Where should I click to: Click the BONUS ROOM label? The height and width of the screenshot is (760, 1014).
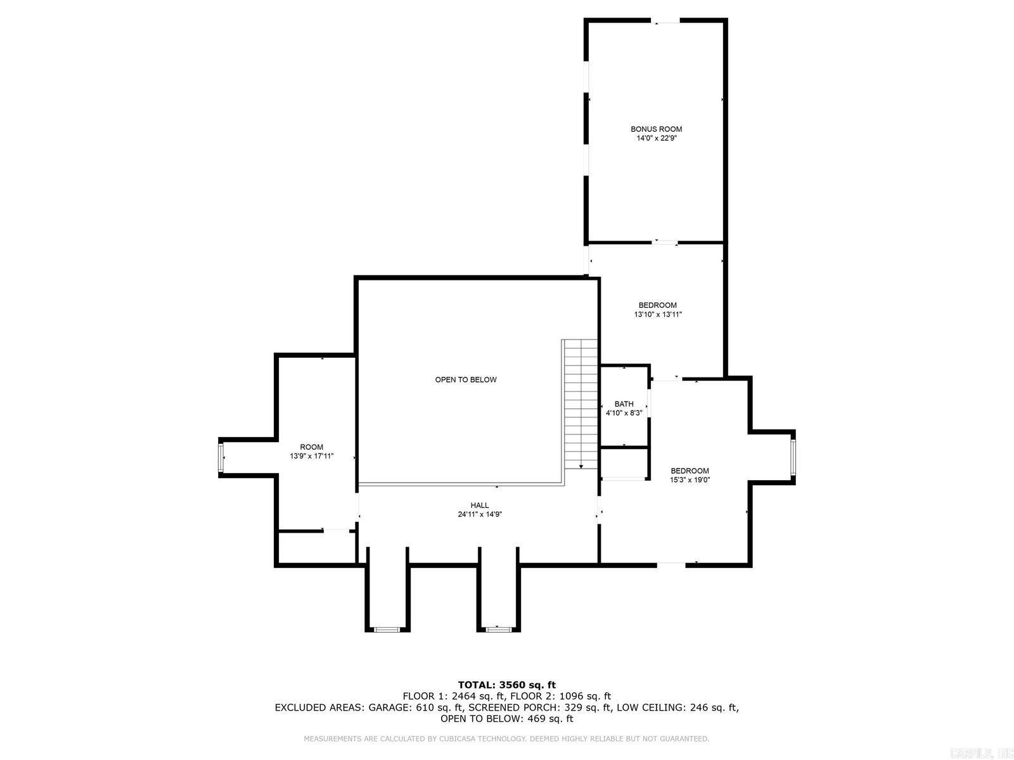pos(656,129)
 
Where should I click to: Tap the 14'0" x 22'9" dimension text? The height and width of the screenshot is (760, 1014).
pos(656,138)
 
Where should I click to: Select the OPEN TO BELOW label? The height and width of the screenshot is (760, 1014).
pos(466,380)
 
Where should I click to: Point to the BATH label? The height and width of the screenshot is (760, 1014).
pos(624,404)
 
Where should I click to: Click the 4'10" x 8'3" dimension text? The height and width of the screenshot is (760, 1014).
pos(624,413)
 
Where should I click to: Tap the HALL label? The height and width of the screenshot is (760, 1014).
pos(480,505)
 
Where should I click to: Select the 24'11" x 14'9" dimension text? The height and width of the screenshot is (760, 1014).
pos(480,514)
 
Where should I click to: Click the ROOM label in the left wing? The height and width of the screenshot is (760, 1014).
pos(311,447)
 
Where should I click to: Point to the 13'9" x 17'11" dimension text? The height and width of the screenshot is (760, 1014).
pos(311,456)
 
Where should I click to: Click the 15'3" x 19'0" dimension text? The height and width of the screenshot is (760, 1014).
pos(690,480)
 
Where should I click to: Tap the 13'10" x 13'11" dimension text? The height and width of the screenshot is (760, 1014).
pos(657,314)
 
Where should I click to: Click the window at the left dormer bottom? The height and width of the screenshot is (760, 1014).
pos(385,630)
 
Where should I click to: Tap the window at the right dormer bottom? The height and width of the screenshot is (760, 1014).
pos(497,629)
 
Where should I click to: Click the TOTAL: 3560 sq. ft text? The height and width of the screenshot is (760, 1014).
pos(506,685)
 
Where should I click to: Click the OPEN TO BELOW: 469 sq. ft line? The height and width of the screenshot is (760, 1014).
pos(506,719)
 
